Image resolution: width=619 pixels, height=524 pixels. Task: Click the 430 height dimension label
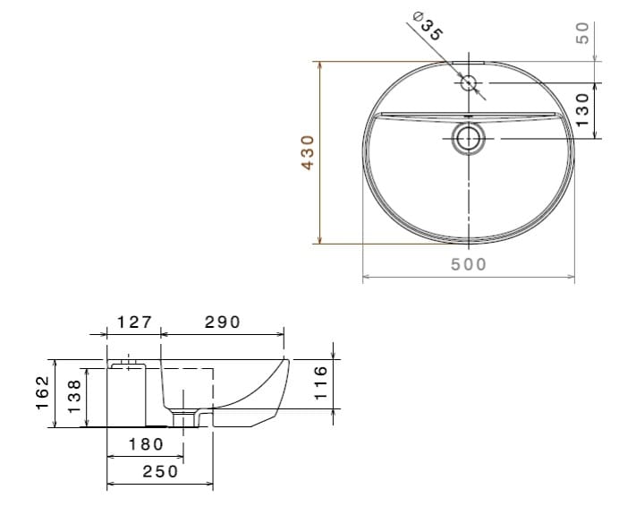pos(308,152)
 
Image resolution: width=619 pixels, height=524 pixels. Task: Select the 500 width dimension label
pos(469,264)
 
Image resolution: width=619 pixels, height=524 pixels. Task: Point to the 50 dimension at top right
pos(581,33)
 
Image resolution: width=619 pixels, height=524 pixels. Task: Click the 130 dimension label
pos(581,109)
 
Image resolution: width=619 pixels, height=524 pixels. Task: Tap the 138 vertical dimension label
pos(75,394)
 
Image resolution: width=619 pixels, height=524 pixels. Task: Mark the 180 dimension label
pos(146,443)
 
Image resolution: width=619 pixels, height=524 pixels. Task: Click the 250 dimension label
pos(160,471)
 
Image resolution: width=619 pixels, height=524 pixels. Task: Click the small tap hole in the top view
pos(469,83)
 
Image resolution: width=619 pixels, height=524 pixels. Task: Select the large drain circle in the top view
pos(469,138)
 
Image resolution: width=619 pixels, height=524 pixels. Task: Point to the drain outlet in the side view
pos(187,417)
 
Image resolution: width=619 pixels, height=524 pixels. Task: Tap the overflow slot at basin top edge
pos(469,63)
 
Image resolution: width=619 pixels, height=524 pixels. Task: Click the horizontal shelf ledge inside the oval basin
pos(420,116)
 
